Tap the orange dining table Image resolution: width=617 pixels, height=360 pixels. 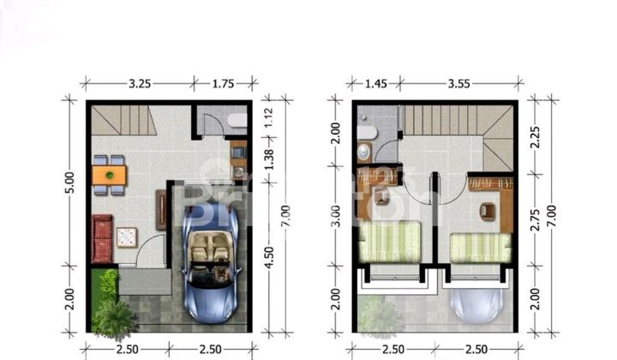click(x=109, y=175)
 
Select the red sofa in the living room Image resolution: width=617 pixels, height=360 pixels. click(x=102, y=237)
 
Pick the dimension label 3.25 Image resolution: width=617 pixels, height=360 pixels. click(x=141, y=84)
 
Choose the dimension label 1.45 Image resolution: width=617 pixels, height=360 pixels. click(x=374, y=84)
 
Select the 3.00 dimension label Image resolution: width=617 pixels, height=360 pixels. click(x=336, y=218)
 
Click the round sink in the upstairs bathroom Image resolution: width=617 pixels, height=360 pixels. click(x=363, y=153)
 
